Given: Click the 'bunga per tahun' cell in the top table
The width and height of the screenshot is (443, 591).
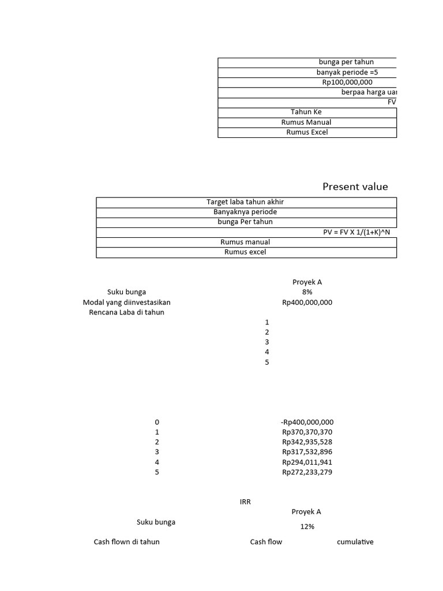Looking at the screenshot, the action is pos(346,62).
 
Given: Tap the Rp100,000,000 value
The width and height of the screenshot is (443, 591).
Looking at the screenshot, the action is pos(347,83).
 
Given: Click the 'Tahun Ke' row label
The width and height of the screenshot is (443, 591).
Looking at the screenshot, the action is pos(306,112).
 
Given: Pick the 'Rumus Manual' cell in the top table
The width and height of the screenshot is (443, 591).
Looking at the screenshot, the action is pos(306,122).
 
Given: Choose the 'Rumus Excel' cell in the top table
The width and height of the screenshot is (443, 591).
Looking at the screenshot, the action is pos(306,132).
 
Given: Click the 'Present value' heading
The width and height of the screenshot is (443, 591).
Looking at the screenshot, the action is pos(355,186).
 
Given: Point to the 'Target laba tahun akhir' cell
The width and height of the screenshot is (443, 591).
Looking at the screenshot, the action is pos(245,202).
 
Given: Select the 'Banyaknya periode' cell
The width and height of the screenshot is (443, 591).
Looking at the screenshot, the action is pos(245,212).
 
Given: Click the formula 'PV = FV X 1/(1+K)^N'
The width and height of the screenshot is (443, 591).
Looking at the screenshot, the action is pos(360,232).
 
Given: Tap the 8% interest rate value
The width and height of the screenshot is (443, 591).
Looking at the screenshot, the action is pos(307,292).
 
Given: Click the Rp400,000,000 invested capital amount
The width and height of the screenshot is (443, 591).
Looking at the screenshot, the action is pos(307,302).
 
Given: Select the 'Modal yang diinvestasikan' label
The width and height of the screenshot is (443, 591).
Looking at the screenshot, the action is pos(127,302).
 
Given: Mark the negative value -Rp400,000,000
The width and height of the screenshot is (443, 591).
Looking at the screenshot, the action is pos(307,422).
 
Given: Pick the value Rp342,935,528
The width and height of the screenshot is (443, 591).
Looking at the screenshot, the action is pos(307,442).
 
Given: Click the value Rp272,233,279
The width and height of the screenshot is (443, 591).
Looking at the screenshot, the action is pos(307,472).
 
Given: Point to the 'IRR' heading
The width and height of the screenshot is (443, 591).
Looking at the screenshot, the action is pos(246,502).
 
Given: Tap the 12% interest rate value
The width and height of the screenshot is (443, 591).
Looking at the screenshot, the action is pos(307,527).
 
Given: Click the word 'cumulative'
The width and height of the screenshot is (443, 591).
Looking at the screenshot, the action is pos(355,542).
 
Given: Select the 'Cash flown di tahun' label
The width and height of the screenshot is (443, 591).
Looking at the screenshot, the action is pos(127,542).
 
